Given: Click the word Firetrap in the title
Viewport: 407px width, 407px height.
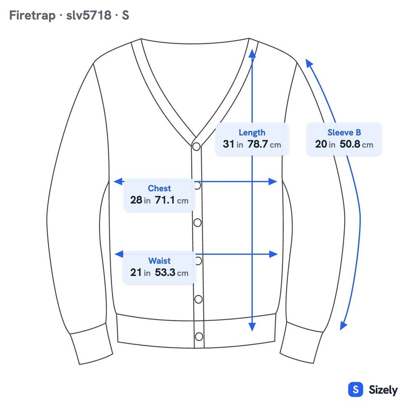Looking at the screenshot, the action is [32, 15].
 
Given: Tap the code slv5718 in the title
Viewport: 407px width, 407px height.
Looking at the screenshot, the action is [89, 15].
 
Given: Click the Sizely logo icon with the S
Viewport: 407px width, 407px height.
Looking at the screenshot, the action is [355, 389].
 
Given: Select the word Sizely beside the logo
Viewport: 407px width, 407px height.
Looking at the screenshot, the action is [383, 390].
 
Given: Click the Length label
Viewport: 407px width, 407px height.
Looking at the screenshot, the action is [252, 132].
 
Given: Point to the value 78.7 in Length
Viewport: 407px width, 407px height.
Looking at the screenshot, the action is [257, 144].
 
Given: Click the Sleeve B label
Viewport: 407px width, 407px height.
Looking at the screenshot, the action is [344, 132].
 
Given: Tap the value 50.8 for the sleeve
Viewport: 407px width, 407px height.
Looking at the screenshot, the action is [350, 144].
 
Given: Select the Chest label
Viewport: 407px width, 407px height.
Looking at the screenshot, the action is [159, 188].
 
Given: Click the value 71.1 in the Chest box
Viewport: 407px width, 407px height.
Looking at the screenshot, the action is [165, 200].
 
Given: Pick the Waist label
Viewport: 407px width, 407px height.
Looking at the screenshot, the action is [159, 260].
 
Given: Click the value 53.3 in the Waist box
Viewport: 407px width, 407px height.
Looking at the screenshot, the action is [165, 272].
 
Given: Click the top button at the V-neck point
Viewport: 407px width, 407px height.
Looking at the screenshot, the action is [196, 147].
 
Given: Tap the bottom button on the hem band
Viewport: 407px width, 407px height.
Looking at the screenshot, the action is [199, 337].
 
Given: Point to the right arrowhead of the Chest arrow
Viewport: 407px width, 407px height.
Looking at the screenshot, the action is [273, 182].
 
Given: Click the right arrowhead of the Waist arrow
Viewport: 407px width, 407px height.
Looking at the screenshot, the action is [273, 254].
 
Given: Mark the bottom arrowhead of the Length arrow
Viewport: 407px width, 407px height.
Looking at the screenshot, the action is [252, 327].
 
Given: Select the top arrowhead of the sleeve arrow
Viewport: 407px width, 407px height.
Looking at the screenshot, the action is [309, 63].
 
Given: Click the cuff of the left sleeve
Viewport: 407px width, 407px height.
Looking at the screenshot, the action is [92, 344].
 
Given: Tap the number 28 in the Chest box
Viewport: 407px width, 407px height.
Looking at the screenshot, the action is [136, 200].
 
